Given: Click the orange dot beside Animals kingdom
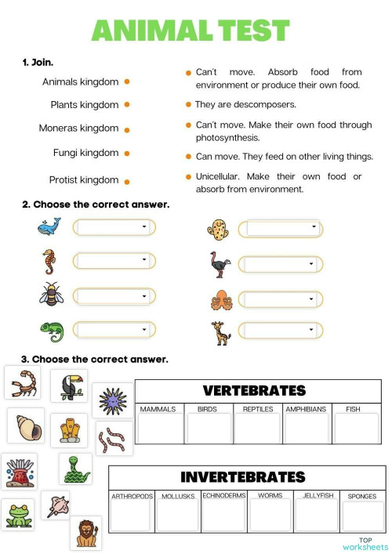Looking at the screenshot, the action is click(127, 81).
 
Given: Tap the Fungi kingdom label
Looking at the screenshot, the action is click(85, 153).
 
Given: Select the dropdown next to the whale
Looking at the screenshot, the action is click(114, 227).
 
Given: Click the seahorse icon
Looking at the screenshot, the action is click(49, 260).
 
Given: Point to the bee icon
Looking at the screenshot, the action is click(49, 295).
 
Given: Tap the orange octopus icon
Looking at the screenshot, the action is click(219, 300).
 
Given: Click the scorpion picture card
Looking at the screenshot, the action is click(23, 382).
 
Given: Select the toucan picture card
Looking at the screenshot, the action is click(69, 385).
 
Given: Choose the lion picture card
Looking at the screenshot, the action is click(85, 532).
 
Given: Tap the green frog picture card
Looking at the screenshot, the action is click(17, 514).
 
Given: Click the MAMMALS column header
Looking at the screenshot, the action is click(158, 409).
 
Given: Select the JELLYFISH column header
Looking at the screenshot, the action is click(314, 495).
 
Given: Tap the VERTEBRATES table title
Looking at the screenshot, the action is click(254, 390).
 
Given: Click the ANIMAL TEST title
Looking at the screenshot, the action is click(191, 31).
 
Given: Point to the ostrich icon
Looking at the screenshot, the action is click(219, 264).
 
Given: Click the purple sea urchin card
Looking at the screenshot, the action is click(112, 400).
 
